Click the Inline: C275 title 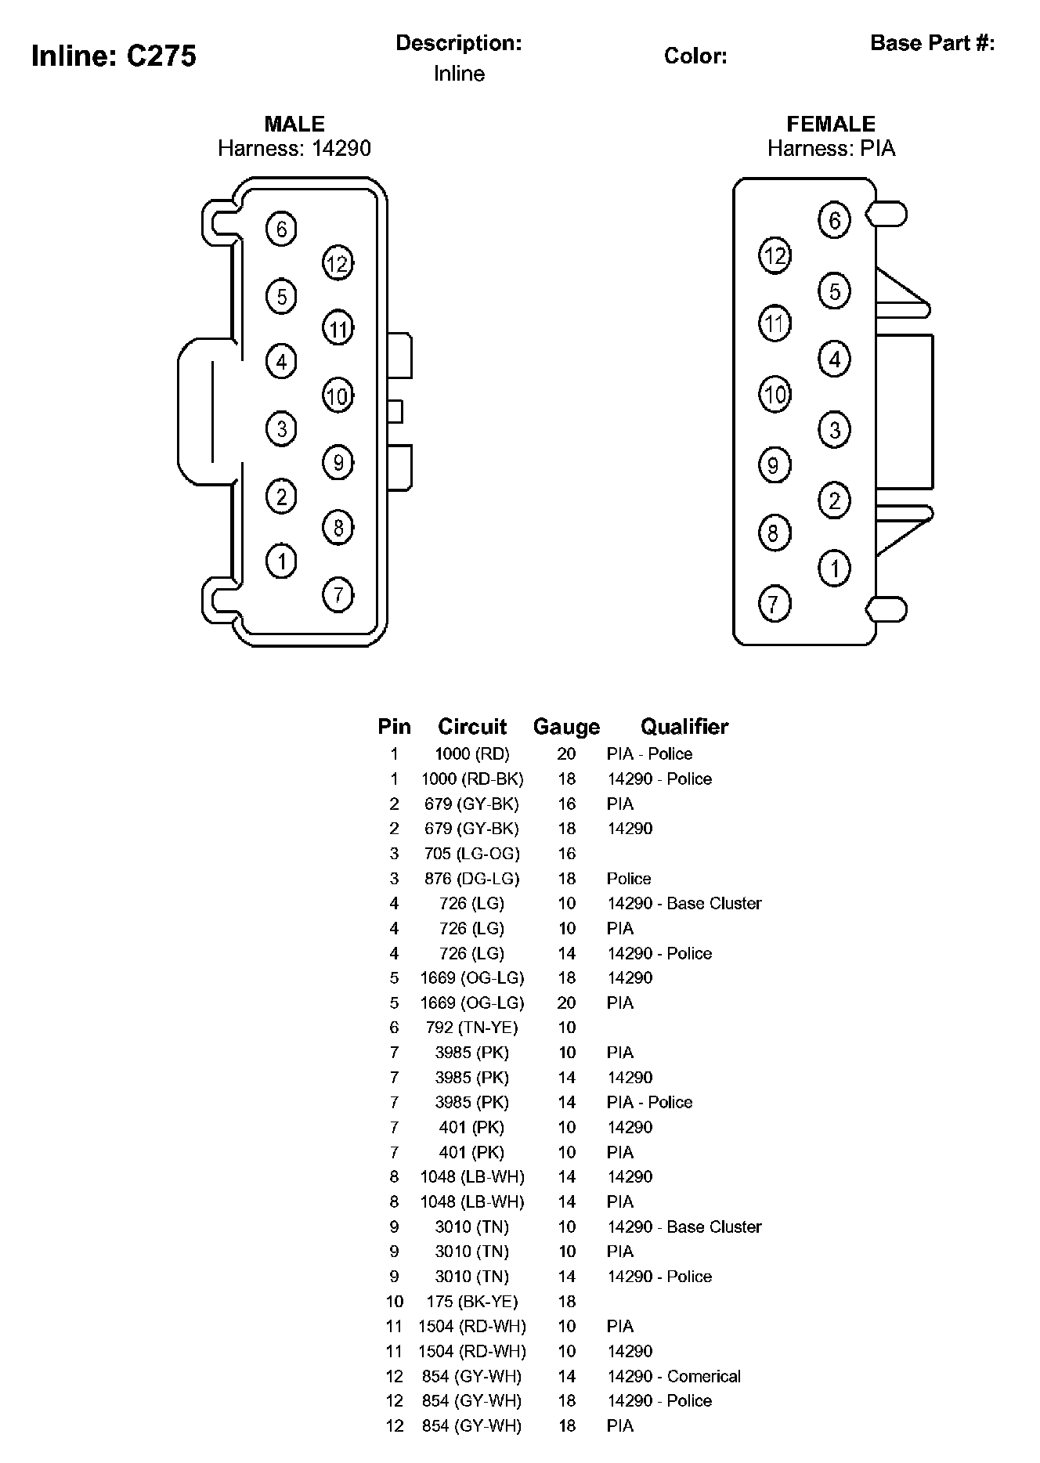click(x=114, y=56)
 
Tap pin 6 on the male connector click(x=281, y=229)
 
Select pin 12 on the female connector click(x=775, y=255)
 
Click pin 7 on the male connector click(x=338, y=594)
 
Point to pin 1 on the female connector click(x=834, y=568)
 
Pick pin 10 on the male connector click(x=338, y=396)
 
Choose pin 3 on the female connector click(x=834, y=429)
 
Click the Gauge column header click(x=566, y=727)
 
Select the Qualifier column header click(x=684, y=727)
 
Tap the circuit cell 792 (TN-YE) click(x=471, y=1028)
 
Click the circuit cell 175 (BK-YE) click(x=471, y=1302)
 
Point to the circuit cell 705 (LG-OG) click(x=471, y=854)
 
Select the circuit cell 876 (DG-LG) click(x=471, y=879)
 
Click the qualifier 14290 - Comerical click(x=673, y=1376)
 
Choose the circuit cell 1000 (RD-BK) click(x=471, y=778)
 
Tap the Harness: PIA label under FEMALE click(x=831, y=149)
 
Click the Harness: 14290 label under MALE click(x=294, y=149)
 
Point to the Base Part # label click(x=932, y=43)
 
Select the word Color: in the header click(x=695, y=56)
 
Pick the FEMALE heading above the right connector click(x=831, y=124)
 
